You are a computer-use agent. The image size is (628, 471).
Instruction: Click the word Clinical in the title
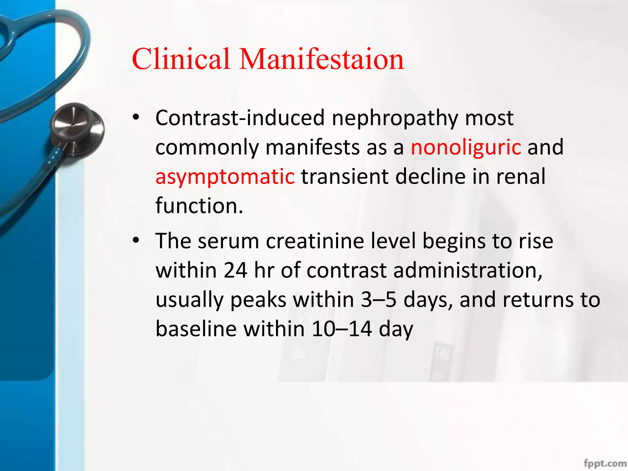(181, 59)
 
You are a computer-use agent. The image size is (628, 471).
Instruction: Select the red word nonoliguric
(466, 147)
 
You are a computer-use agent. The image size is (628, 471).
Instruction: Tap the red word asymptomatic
(225, 177)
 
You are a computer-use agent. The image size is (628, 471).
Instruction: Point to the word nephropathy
(395, 118)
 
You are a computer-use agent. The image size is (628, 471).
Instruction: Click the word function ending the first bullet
(199, 205)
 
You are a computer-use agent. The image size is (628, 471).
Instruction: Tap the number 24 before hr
(235, 270)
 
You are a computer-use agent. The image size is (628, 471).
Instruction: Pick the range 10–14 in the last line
(342, 329)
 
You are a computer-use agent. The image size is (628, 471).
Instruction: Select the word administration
(468, 270)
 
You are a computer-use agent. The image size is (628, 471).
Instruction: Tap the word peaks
(258, 300)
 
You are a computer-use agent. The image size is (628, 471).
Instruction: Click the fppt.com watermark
(605, 463)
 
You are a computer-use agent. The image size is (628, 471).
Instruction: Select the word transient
(345, 176)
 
